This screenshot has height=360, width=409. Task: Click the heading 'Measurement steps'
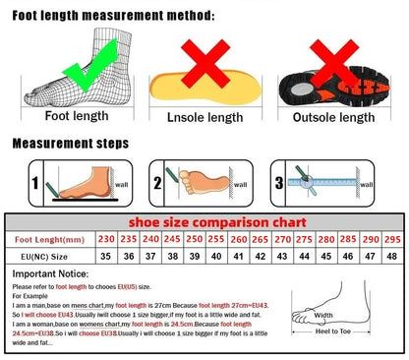(70, 144)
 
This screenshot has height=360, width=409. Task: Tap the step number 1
(35, 183)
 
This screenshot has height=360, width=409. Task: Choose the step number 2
(158, 183)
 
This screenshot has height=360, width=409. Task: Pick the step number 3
(279, 183)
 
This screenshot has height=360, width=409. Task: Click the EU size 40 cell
(216, 257)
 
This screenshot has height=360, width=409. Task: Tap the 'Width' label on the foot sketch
(323, 315)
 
